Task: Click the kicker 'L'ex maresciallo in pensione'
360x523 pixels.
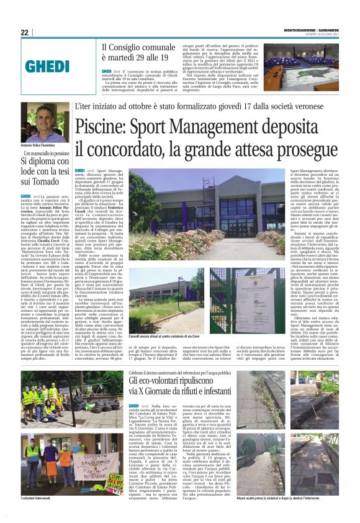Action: [x=47, y=153]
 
